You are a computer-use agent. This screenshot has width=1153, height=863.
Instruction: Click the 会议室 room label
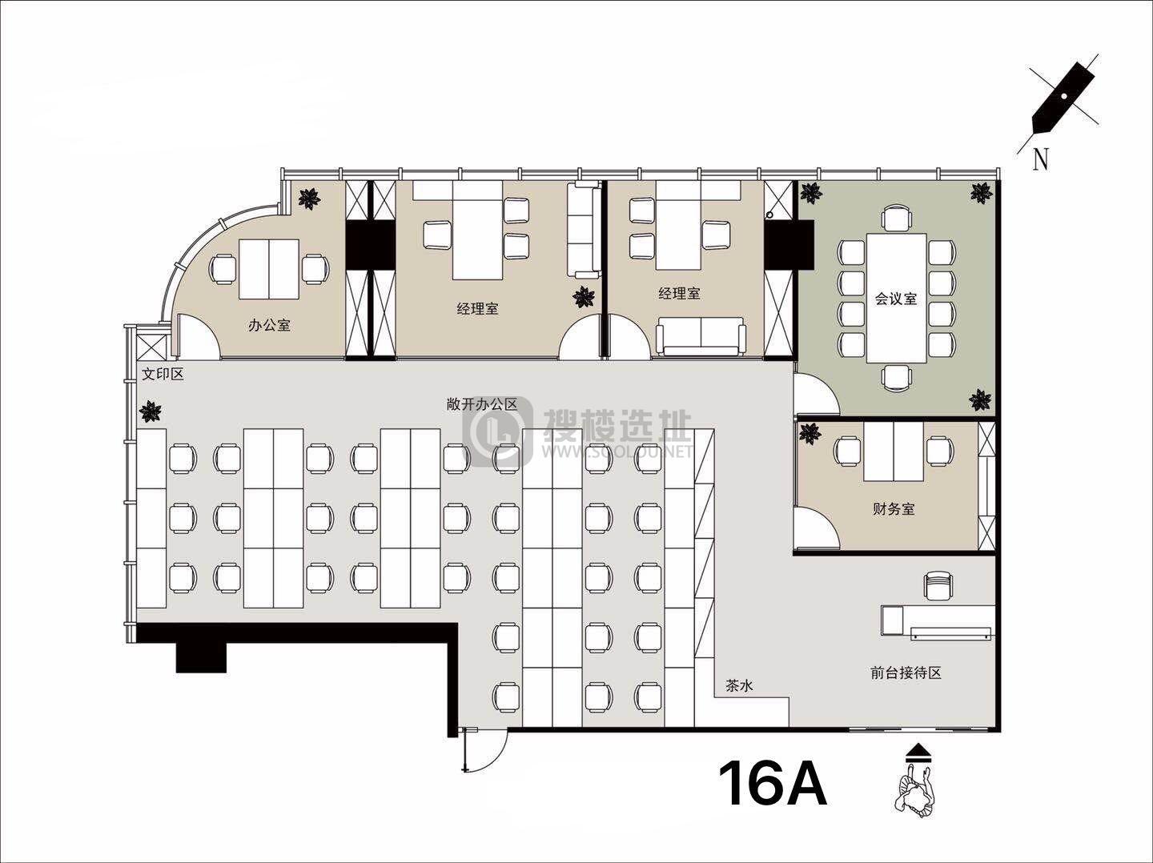pyautogui.click(x=896, y=299)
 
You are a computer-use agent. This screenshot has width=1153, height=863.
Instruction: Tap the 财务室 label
pyautogui.click(x=894, y=508)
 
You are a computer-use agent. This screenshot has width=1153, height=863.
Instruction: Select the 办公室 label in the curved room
pyautogui.click(x=269, y=326)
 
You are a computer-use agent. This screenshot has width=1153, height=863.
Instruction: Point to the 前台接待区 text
pyautogui.click(x=906, y=673)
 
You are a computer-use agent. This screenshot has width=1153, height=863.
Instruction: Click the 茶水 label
pyautogui.click(x=739, y=685)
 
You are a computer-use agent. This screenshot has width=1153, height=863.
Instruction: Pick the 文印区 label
pyautogui.click(x=163, y=374)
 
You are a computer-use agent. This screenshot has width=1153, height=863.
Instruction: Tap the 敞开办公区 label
pyautogui.click(x=482, y=404)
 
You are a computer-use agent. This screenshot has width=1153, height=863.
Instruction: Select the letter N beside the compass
pyautogui.click(x=1040, y=159)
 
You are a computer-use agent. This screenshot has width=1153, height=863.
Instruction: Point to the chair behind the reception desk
pyautogui.click(x=938, y=585)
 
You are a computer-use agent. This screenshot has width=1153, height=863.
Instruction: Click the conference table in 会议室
pyautogui.click(x=896, y=298)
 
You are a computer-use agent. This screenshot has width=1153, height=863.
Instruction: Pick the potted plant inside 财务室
pyautogui.click(x=810, y=434)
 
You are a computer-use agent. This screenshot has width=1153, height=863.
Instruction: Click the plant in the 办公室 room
pyautogui.click(x=310, y=199)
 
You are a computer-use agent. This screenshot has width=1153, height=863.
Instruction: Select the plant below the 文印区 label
pyautogui.click(x=151, y=411)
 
